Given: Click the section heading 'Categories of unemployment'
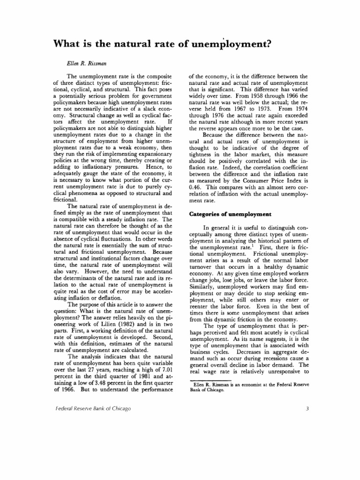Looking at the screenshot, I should coord(230,214).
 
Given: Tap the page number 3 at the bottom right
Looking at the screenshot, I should coord(306,408).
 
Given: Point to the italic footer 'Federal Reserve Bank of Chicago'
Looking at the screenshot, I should coord(93,408).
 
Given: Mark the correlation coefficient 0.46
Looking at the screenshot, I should coord(195,186).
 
